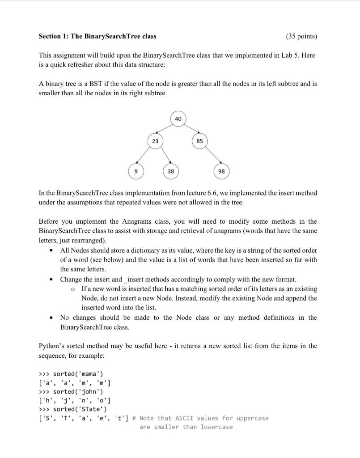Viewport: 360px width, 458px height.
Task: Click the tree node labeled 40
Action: tap(178, 119)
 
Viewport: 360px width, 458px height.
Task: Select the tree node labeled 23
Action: tap(155, 140)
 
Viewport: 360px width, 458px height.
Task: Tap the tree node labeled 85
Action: tap(199, 141)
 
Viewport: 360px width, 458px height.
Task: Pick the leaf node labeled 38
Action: tap(171, 171)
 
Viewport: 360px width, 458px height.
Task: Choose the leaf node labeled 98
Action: tap(222, 171)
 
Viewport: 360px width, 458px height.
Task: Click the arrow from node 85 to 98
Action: tap(210, 156)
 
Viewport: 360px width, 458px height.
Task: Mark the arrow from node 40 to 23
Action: tap(166, 130)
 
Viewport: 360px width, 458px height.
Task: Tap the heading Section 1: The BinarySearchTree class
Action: tap(97, 36)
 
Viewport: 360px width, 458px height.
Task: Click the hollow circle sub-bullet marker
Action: tap(73, 289)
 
